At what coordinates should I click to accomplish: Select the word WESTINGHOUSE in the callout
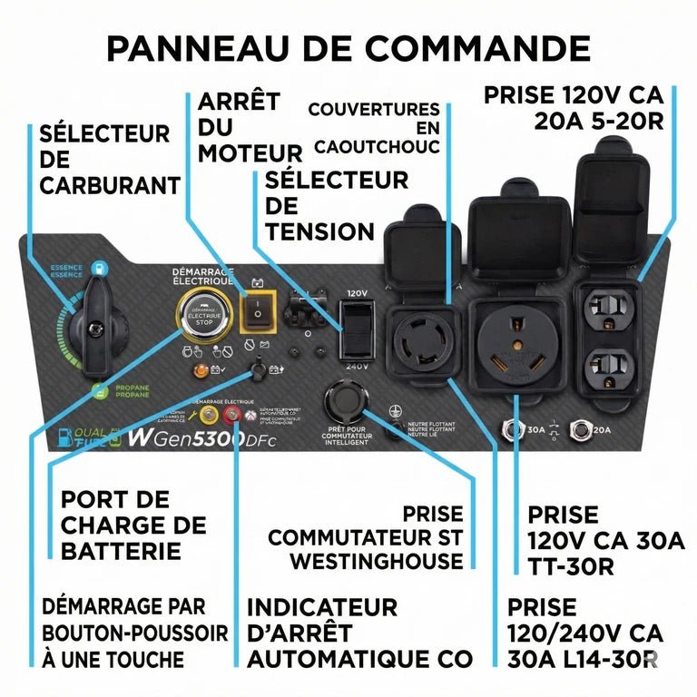(376, 561)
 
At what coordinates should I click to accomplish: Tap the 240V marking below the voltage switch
(357, 367)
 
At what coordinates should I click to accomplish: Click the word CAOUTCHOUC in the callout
(376, 146)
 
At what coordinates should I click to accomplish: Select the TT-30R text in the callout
(572, 567)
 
